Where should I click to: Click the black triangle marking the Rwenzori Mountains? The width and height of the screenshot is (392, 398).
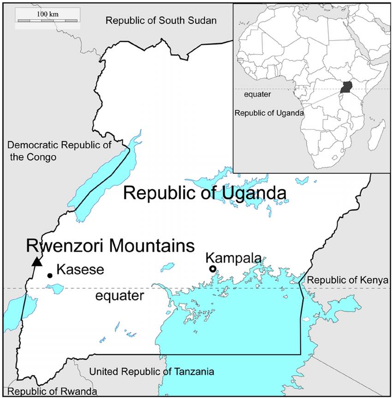coord(37,262)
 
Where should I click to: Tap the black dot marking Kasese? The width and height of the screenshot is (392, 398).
coord(49,275)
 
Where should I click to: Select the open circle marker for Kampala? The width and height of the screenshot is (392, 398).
coord(213,269)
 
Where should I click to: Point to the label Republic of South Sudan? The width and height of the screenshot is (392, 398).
coord(161,20)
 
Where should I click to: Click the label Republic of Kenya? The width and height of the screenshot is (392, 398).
coord(348,280)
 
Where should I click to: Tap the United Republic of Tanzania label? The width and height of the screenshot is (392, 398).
coord(152,371)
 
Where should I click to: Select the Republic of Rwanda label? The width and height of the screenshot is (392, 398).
coord(52,392)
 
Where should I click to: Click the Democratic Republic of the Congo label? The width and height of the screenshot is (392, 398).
coord(59,151)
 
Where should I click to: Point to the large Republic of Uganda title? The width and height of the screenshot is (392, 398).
coord(205,193)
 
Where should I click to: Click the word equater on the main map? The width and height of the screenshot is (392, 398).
coord(120,295)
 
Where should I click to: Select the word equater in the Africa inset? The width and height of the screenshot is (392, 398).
coord(257,94)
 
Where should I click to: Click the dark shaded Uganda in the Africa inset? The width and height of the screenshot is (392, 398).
coord(345,87)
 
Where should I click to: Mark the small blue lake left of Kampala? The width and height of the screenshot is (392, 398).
coord(168,266)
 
